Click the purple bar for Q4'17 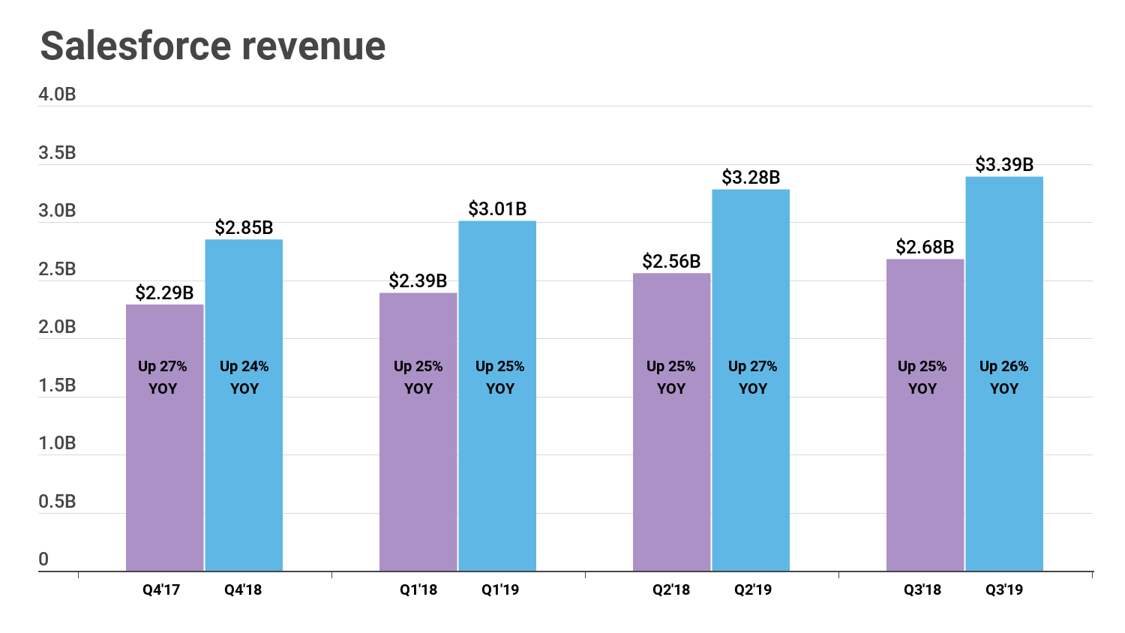click(164, 465)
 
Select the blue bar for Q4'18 click(244, 465)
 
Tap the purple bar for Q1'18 click(418, 465)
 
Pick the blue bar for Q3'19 click(1004, 465)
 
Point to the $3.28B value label click(751, 178)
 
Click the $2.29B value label click(164, 293)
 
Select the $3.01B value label click(497, 209)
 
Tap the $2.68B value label click(925, 247)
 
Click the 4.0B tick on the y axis click(57, 94)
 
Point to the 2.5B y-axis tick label click(57, 269)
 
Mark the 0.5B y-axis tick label click(57, 502)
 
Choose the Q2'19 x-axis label click(752, 589)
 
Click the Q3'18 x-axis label click(922, 589)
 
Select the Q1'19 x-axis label click(499, 589)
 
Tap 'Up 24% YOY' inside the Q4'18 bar click(244, 377)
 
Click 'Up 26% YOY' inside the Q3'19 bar click(1003, 377)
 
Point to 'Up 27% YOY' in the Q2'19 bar click(752, 377)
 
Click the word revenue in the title click(313, 46)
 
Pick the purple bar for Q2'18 click(671, 465)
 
